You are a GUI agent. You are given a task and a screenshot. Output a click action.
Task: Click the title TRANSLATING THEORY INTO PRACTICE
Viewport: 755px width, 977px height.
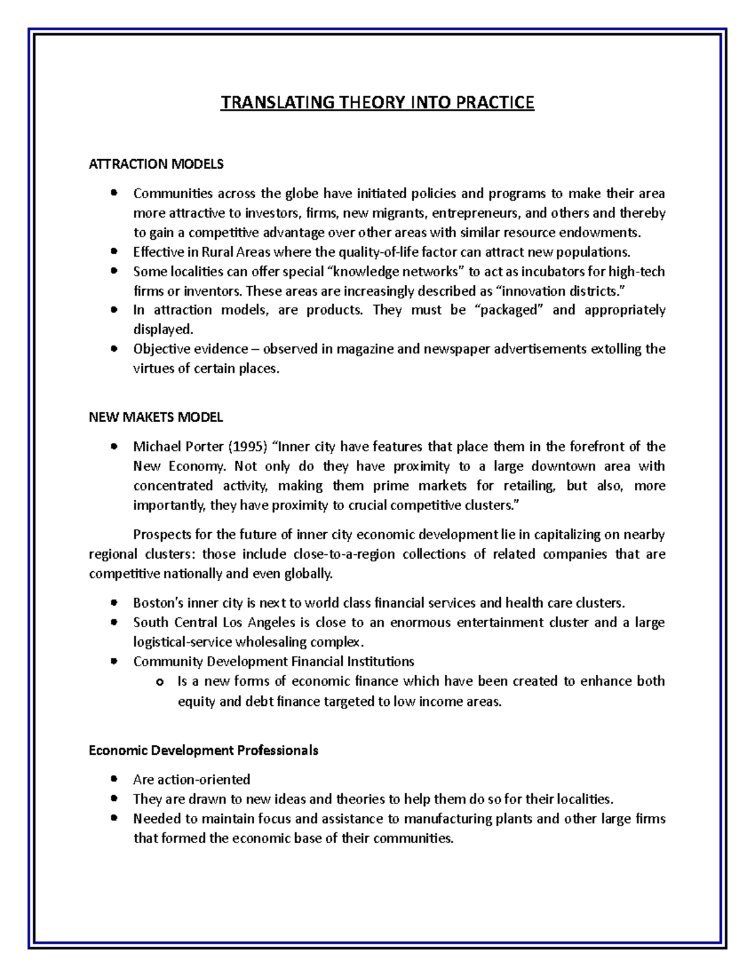377,103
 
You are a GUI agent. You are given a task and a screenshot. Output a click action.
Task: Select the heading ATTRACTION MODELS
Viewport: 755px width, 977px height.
155,164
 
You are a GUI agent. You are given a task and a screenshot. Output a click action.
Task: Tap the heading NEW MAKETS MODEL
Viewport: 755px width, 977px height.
155,417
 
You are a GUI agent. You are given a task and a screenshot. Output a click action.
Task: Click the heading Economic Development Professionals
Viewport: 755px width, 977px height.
203,751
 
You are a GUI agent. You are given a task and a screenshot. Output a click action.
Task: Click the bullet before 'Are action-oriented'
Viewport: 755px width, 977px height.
114,779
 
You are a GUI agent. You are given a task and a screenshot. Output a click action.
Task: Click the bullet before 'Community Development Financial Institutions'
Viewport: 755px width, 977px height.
114,662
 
